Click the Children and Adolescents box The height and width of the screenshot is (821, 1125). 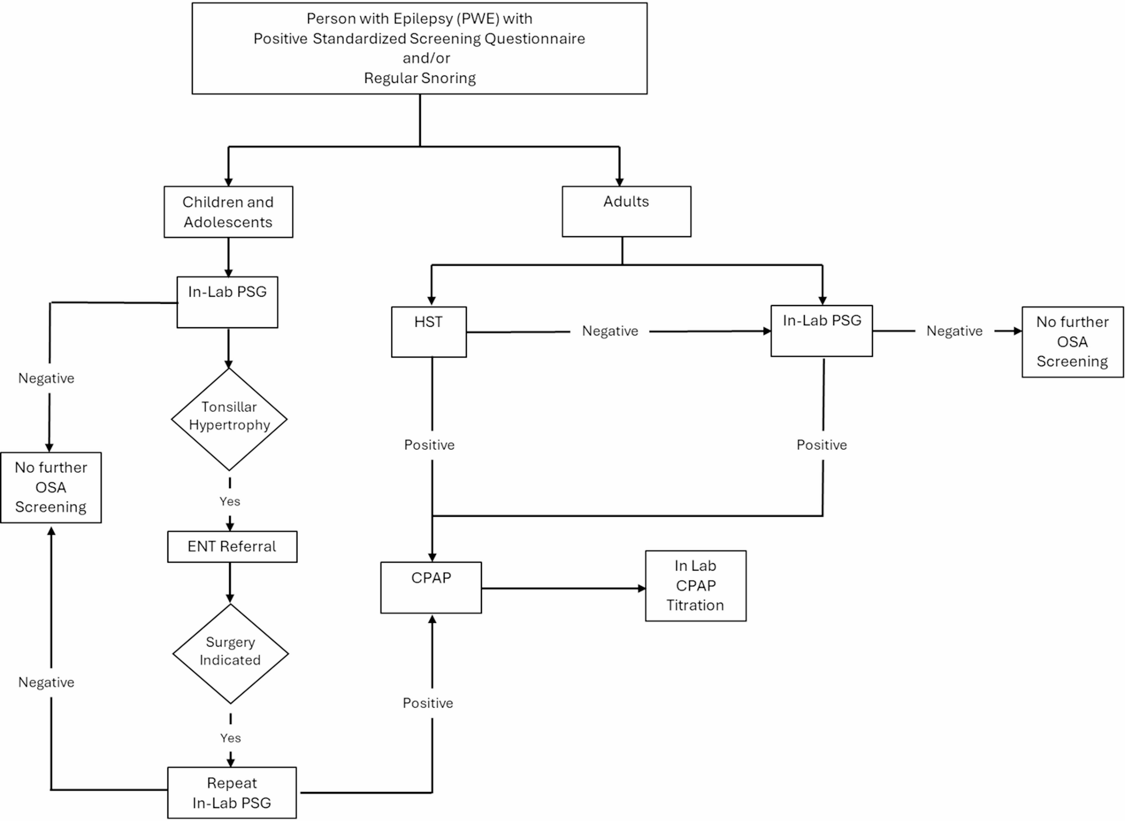[x=228, y=212]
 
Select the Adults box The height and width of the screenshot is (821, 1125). [x=626, y=211]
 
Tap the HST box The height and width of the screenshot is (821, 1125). [x=428, y=332]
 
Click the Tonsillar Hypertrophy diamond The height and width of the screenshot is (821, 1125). [x=229, y=419]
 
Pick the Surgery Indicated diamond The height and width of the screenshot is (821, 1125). [x=230, y=653]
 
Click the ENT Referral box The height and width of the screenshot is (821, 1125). [x=232, y=546]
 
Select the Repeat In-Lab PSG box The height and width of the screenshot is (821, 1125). [x=231, y=793]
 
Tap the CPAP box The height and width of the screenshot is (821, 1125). [x=431, y=587]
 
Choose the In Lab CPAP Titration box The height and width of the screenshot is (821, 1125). [x=695, y=586]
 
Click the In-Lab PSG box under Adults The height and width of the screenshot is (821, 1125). [x=821, y=331]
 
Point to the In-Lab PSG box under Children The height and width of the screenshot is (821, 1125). [x=227, y=302]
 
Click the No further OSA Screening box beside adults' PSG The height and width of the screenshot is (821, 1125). [x=1072, y=342]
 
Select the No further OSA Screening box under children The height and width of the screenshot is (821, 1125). [x=51, y=487]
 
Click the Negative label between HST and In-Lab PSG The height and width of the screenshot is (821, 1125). [x=610, y=331]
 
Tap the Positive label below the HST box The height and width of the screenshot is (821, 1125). [x=429, y=445]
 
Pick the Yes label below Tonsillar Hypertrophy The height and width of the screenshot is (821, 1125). [x=229, y=501]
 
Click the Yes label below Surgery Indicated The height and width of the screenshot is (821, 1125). [x=230, y=738]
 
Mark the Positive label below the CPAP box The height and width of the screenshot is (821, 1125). [x=428, y=703]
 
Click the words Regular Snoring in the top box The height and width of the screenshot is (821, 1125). [x=420, y=78]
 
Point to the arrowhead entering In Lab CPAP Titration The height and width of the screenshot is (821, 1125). [x=642, y=588]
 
